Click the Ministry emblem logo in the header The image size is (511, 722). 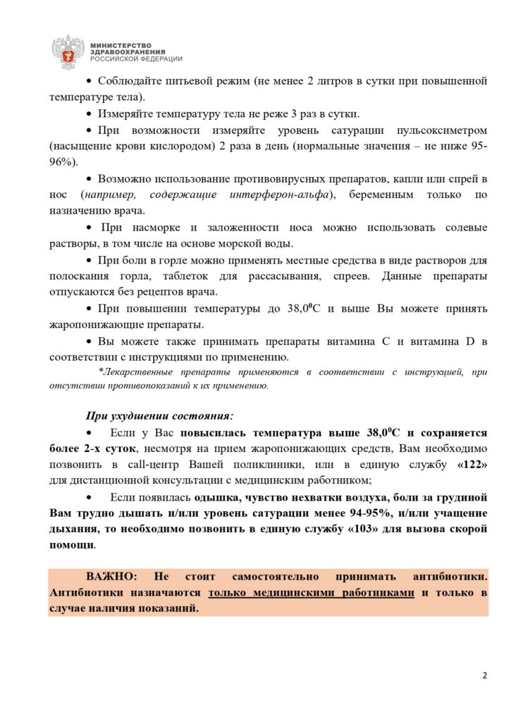(68, 51)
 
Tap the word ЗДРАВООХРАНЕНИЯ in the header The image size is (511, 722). (128, 52)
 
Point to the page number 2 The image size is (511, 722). (485, 675)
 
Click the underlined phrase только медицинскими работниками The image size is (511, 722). (311, 593)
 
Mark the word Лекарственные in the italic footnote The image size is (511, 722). (138, 372)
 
